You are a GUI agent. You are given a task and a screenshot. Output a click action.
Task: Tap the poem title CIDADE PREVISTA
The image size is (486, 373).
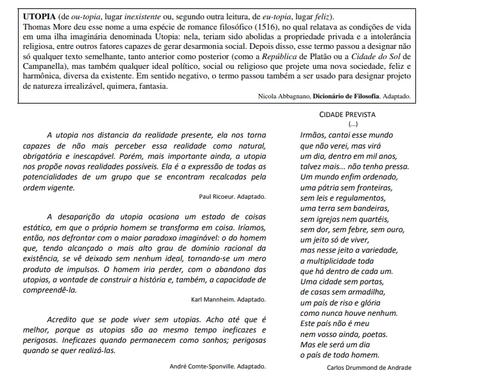click(x=347, y=114)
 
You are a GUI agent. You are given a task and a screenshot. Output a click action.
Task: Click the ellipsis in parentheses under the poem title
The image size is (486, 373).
click(x=352, y=123)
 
